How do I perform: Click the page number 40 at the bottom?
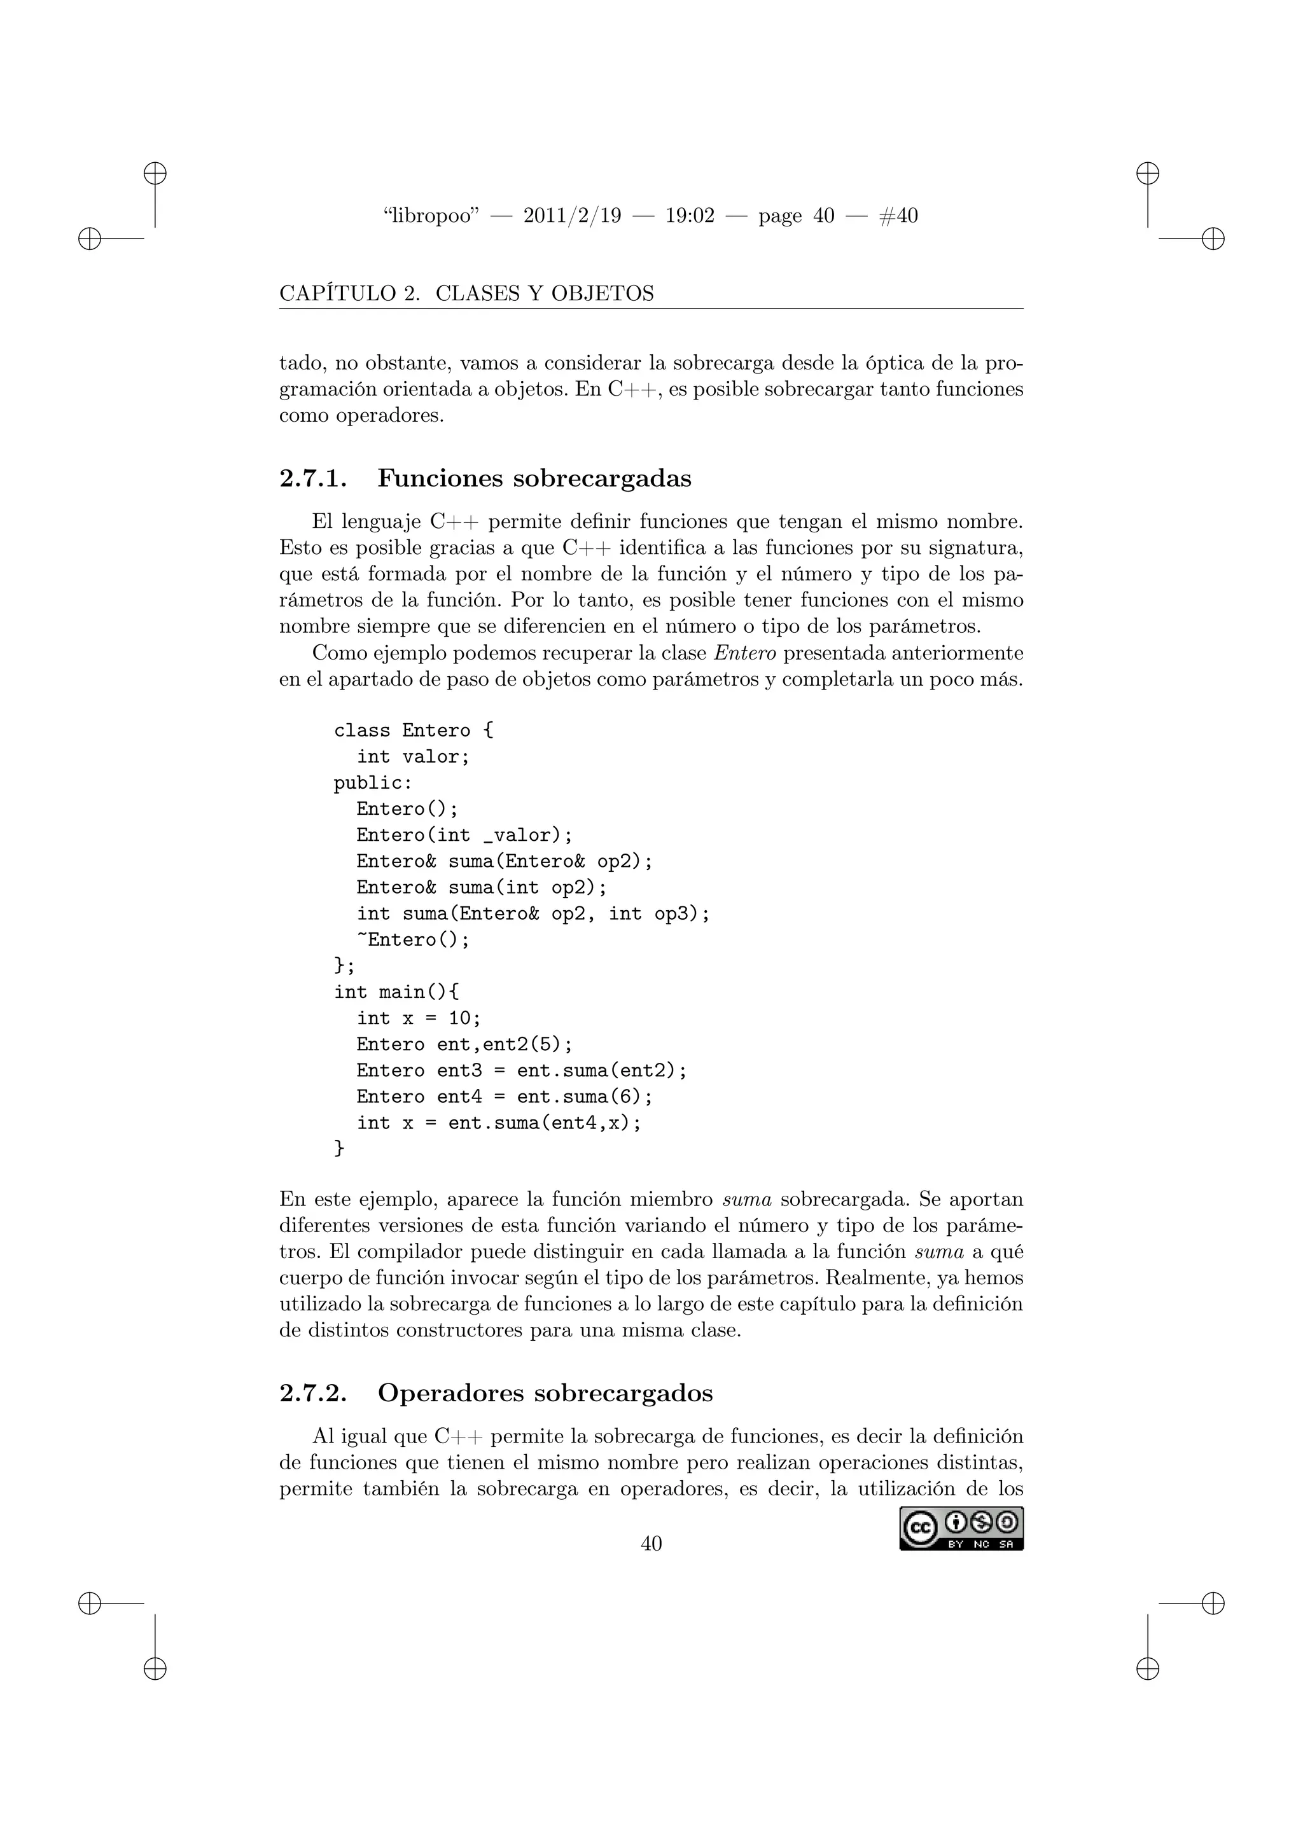[x=651, y=1543]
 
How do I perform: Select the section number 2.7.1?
[x=313, y=478]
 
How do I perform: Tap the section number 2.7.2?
[x=313, y=1393]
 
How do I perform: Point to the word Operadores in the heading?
[x=451, y=1393]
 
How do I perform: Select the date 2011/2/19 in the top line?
[x=572, y=216]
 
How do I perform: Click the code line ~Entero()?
[x=413, y=939]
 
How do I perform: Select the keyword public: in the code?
[x=373, y=782]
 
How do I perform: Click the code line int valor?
[x=413, y=756]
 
